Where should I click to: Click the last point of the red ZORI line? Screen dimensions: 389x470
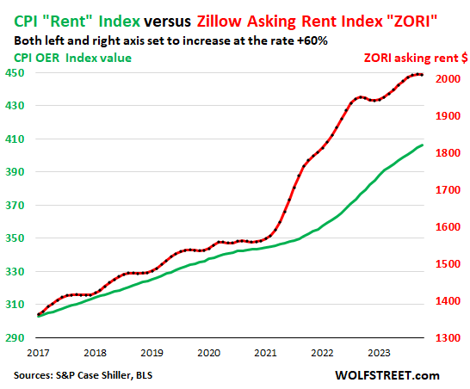[x=421, y=76]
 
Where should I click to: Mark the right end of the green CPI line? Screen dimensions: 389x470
[x=422, y=145]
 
